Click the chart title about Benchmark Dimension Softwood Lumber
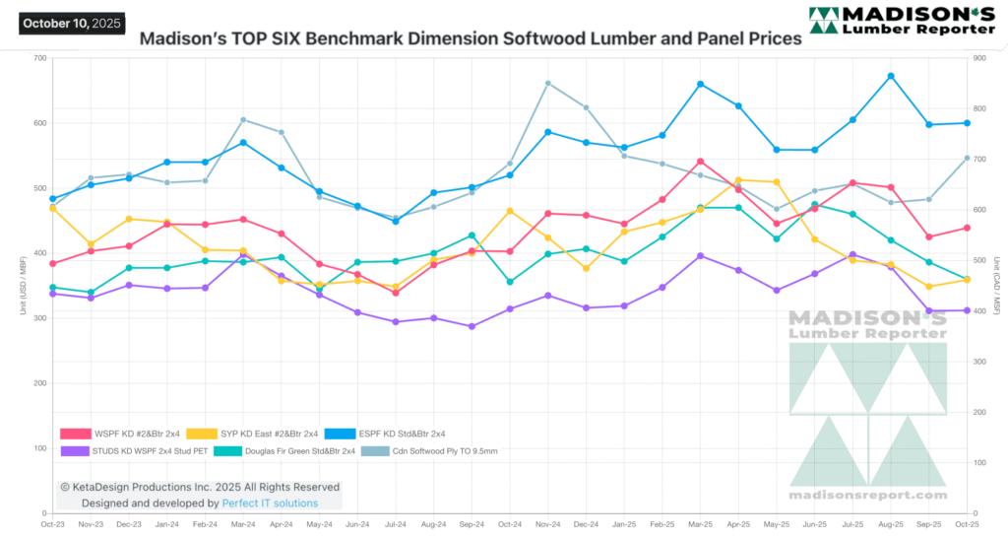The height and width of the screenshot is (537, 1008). (470, 40)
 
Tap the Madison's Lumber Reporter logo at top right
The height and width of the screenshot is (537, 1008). (900, 22)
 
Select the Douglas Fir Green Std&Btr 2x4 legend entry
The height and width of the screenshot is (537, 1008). (285, 451)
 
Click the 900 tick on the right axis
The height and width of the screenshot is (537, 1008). (978, 58)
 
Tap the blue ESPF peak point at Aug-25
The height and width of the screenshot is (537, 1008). (891, 76)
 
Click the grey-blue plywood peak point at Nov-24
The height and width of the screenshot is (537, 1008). (548, 84)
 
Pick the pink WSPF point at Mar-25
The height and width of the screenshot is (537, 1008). (700, 162)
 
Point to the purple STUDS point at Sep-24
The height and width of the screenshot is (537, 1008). (472, 326)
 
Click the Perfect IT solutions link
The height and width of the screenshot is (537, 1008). (270, 503)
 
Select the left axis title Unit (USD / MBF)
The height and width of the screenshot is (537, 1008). (22, 286)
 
